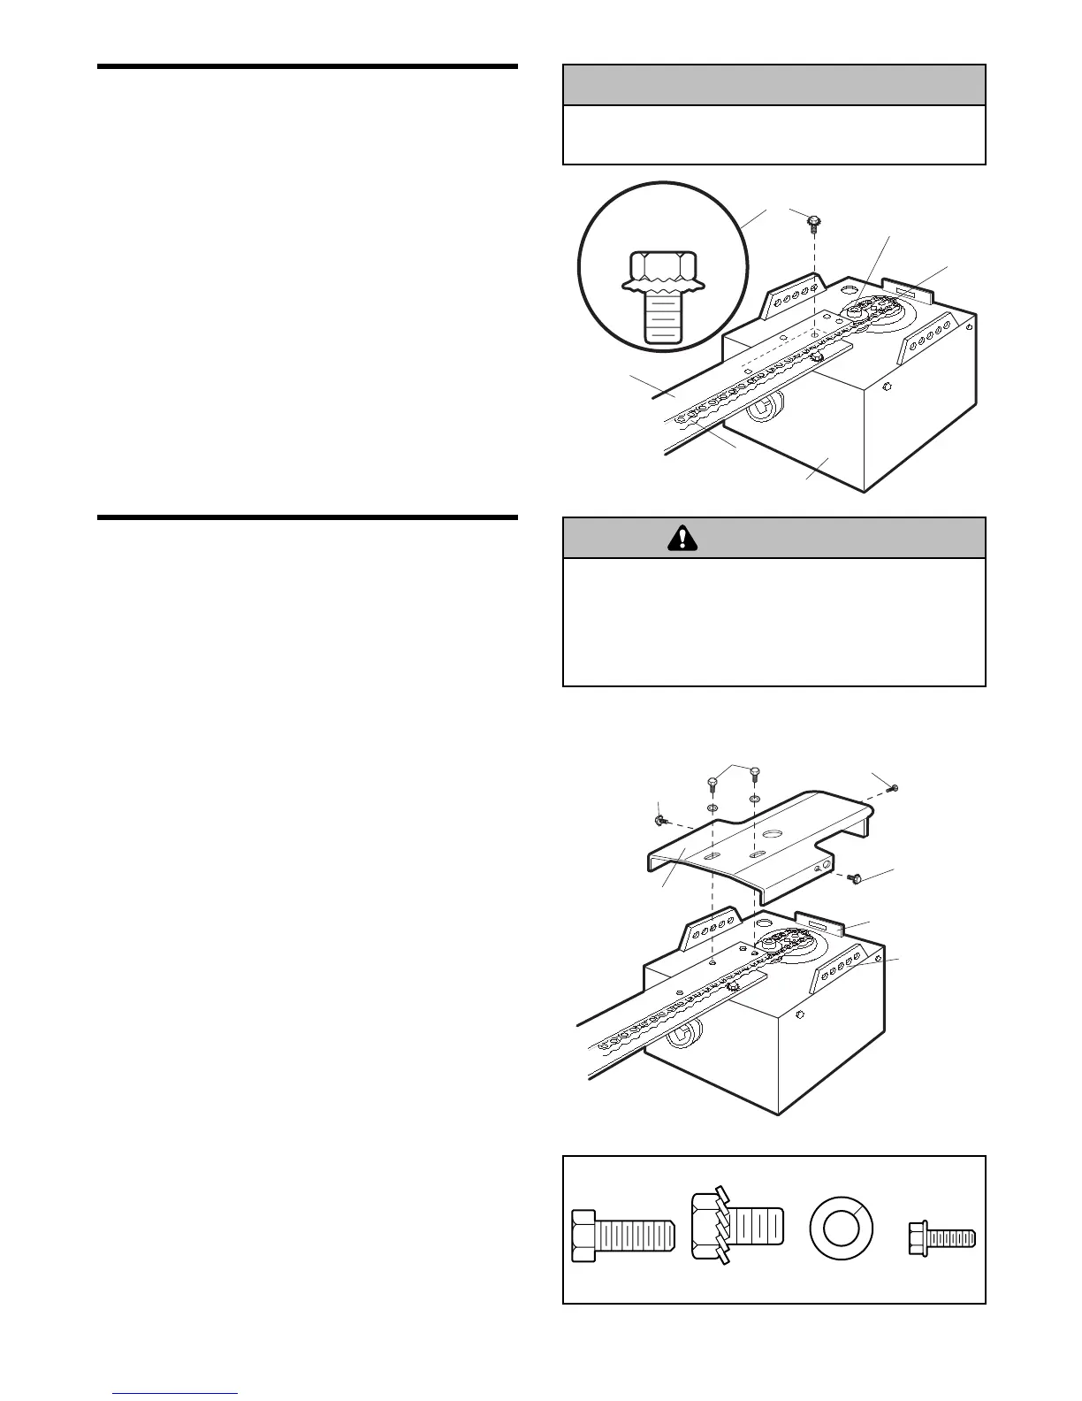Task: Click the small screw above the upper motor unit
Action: (814, 219)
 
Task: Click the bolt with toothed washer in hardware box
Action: (737, 1228)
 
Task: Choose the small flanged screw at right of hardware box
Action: (941, 1235)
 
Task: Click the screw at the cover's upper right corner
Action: (894, 787)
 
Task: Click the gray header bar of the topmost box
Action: (773, 85)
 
